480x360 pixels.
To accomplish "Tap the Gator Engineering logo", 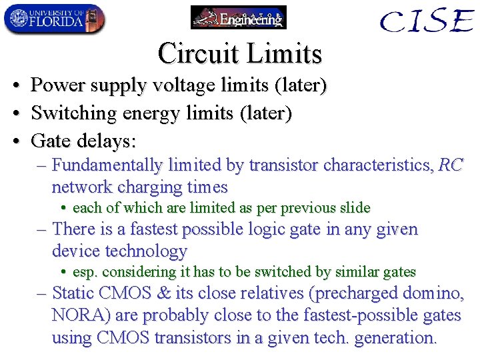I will (238, 17).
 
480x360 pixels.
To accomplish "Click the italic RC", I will (450, 165).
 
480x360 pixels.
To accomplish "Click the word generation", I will (394, 337).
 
